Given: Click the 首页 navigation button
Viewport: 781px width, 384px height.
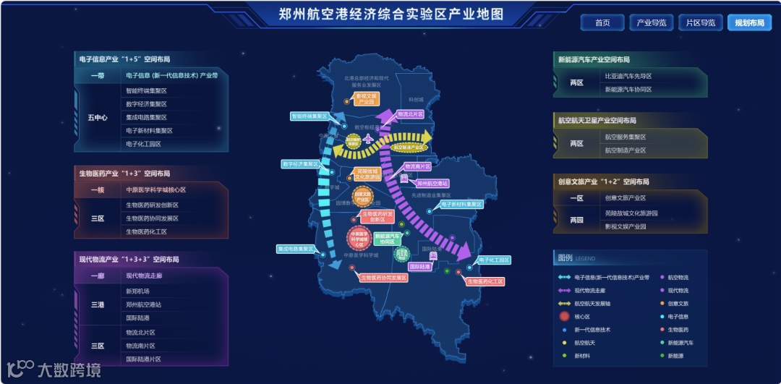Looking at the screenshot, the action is tap(602, 23).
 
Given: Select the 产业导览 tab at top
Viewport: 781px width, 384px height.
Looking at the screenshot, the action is tap(652, 23).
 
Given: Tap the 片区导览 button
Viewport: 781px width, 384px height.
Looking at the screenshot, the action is tap(701, 23).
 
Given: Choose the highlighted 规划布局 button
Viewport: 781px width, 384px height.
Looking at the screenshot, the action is tap(749, 23).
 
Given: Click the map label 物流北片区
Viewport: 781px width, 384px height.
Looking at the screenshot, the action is tap(410, 114).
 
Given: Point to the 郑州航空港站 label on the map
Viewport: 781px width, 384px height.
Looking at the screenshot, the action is tap(432, 184).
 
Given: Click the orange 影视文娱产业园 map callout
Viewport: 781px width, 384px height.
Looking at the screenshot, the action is tap(367, 99).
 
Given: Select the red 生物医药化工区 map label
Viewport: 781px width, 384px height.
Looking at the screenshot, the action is tap(485, 281).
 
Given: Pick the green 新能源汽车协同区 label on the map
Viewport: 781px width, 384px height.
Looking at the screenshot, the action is tap(388, 239).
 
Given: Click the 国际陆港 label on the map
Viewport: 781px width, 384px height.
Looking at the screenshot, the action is tap(419, 267).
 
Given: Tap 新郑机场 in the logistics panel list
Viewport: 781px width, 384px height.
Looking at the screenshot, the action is tap(137, 291).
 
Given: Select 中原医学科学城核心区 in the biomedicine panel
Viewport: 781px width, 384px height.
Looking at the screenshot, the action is tap(156, 190).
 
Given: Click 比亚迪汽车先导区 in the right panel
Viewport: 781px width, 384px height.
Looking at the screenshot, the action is tap(628, 76).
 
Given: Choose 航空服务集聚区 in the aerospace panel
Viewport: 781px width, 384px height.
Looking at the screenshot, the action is tap(626, 137).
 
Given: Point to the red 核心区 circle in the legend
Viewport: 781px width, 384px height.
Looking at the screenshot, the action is tap(564, 316).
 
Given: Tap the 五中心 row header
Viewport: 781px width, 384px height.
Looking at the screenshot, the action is tap(98, 117).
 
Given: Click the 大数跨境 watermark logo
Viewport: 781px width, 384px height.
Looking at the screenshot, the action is tap(54, 370).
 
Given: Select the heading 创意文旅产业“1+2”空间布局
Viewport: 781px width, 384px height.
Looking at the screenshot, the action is tap(603, 182).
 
